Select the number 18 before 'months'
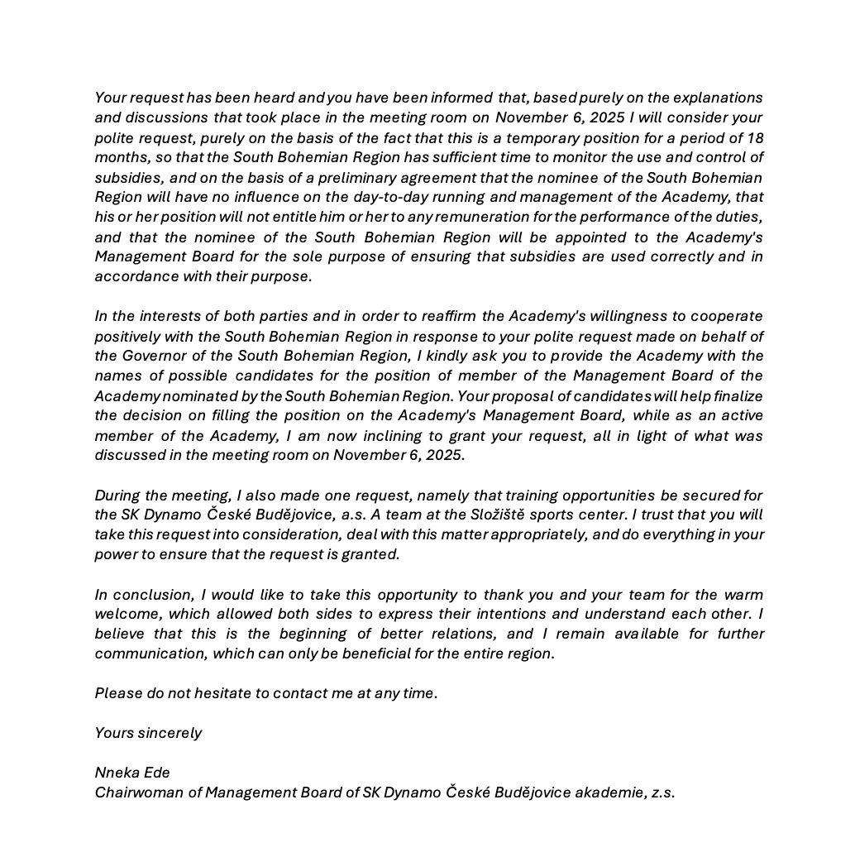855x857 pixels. click(755, 138)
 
